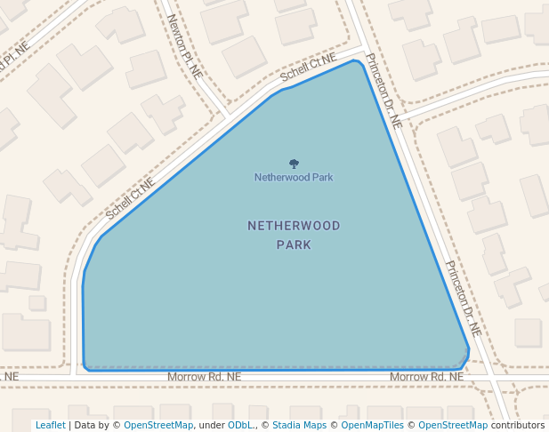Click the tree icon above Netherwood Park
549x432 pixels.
[x=294, y=164]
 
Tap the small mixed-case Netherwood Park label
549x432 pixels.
[x=294, y=177]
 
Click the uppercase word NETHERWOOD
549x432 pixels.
[x=294, y=226]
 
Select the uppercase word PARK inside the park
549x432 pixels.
[x=294, y=244]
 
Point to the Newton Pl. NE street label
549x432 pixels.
[x=185, y=47]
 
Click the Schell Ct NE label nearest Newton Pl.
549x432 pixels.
[x=308, y=68]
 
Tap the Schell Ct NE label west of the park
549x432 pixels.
[x=130, y=198]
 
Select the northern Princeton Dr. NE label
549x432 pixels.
[x=384, y=90]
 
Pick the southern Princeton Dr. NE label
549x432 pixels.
[x=463, y=297]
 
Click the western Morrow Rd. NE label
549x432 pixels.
[x=205, y=378]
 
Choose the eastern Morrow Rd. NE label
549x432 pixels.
[x=426, y=378]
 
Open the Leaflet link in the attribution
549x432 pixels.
[x=50, y=425]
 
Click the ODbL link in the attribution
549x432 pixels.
[x=240, y=425]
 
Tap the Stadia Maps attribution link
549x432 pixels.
[x=299, y=425]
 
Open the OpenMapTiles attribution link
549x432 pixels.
[x=375, y=425]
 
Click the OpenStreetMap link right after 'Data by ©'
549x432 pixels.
[x=158, y=425]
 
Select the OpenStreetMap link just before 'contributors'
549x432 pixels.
[x=453, y=425]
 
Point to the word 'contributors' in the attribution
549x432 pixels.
[x=518, y=425]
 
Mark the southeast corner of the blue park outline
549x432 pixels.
[x=464, y=364]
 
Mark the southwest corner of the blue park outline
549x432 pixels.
[x=85, y=367]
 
